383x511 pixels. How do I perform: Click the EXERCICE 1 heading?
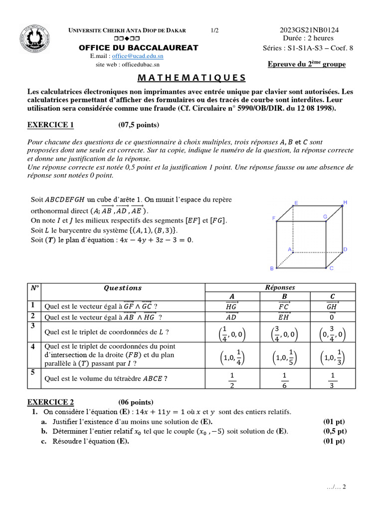pos(50,125)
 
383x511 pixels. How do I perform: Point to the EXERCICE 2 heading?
pos(50,402)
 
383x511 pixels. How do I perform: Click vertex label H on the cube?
pos(345,202)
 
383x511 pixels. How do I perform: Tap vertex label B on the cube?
pos(272,268)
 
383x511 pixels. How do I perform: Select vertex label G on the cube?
pos(325,217)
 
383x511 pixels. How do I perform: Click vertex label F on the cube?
pos(273,218)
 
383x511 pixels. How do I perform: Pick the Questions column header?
pos(122,288)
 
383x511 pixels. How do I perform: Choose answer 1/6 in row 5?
pos(284,379)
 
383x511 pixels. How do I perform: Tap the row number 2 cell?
pos(32,316)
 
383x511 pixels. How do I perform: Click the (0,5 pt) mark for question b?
pos(335,431)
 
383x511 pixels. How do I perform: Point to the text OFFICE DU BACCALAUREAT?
pos(139,48)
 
